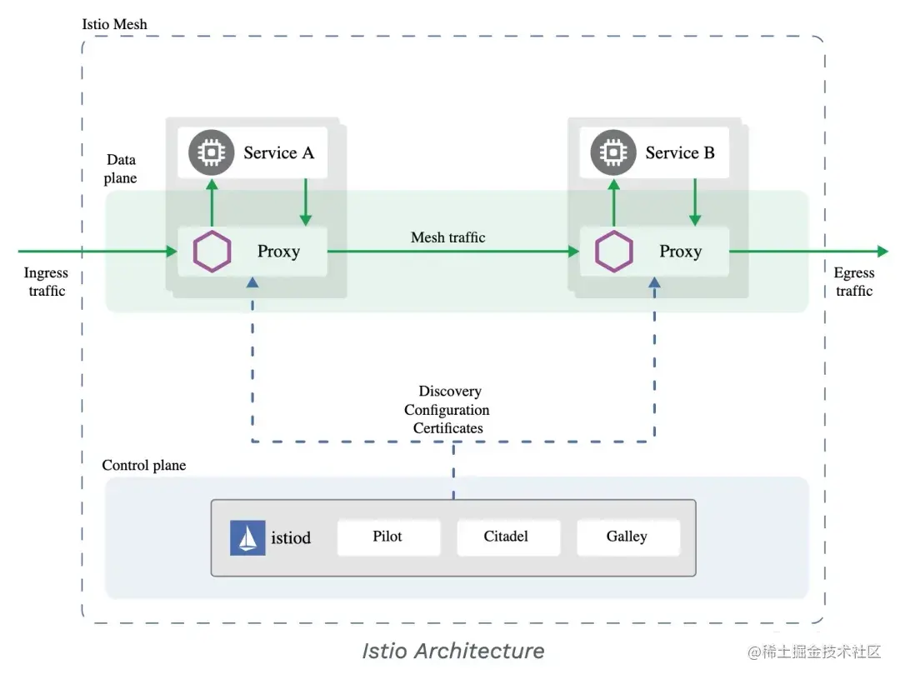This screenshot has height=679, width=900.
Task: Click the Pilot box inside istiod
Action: click(388, 537)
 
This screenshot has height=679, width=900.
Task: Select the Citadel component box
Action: click(507, 537)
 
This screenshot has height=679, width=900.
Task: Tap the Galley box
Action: click(627, 537)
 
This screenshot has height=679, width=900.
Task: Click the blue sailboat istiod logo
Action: click(247, 538)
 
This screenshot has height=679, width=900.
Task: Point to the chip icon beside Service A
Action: click(212, 152)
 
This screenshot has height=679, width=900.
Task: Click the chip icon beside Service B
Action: click(614, 152)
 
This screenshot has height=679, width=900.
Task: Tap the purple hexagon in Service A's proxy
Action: click(212, 252)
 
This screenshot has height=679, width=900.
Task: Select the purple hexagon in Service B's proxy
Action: click(615, 252)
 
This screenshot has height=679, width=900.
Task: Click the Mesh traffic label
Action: click(448, 237)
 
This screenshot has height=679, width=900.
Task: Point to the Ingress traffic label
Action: click(46, 282)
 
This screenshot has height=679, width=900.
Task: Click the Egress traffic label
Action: click(854, 282)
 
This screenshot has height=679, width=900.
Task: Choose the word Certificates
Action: click(447, 428)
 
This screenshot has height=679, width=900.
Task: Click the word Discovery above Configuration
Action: click(450, 391)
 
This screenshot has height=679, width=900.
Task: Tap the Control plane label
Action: click(144, 465)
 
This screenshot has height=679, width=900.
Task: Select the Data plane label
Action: click(122, 168)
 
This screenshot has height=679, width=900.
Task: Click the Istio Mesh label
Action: click(115, 24)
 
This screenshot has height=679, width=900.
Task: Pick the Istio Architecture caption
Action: click(452, 651)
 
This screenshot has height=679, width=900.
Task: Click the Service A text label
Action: click(278, 152)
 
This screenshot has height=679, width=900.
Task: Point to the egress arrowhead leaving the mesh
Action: click(882, 252)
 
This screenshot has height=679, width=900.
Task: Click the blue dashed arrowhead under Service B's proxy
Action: click(654, 283)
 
